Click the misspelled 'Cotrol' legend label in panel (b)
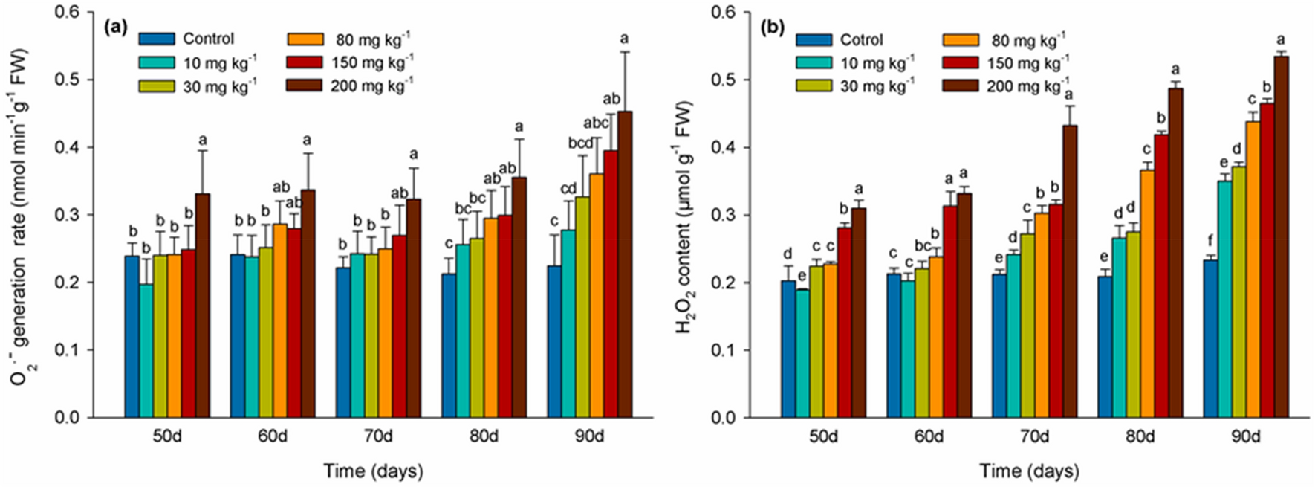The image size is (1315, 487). point(863,39)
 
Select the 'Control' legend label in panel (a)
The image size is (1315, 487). point(209,39)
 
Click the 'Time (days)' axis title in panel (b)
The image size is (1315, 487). point(1029,471)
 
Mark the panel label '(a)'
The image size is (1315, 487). point(117,28)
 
